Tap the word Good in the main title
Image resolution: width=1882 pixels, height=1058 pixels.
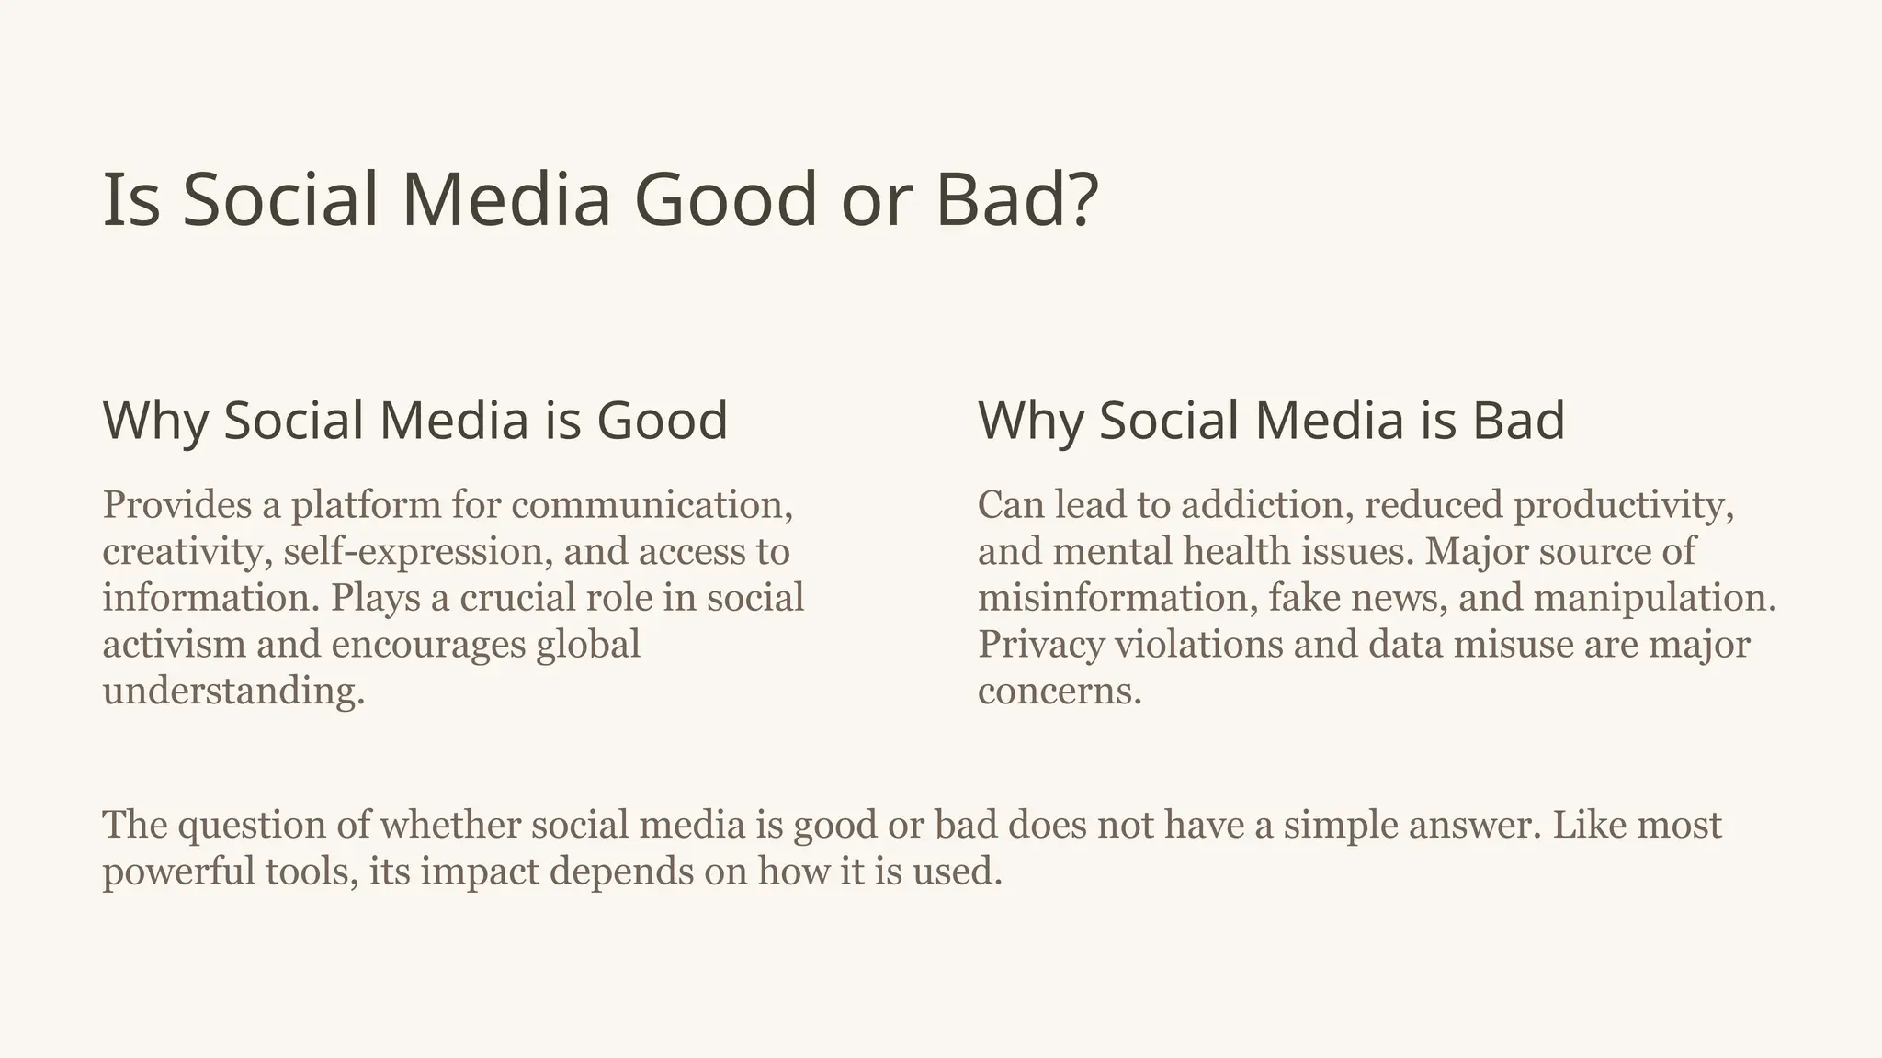click(725, 200)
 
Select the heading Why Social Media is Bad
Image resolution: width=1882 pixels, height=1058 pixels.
click(1271, 421)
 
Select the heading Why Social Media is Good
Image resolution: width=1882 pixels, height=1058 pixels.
click(415, 421)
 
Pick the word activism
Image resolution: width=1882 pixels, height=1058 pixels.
click(174, 645)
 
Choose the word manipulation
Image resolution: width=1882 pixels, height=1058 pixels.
click(1654, 598)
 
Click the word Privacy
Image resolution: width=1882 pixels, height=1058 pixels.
click(1041, 645)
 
